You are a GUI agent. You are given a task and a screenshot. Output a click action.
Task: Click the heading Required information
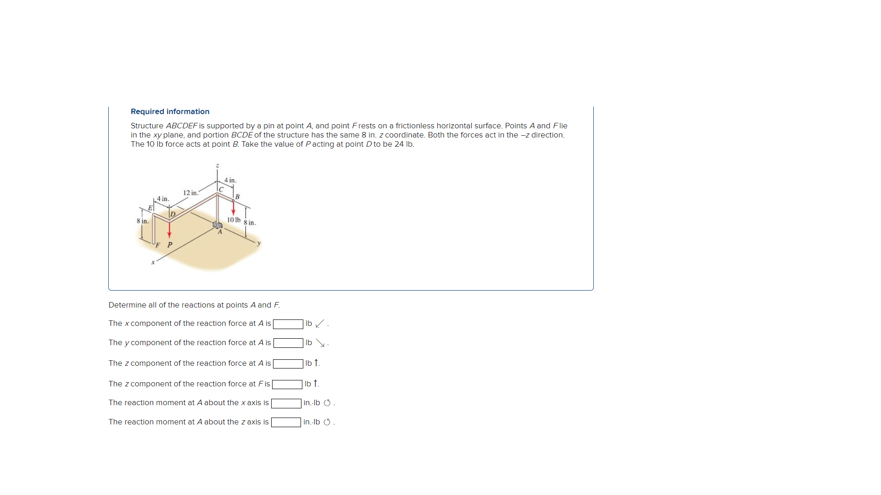pos(170,111)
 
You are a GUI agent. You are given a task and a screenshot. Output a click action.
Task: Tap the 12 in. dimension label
pos(190,192)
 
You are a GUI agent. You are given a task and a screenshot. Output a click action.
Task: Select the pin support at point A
pos(217,225)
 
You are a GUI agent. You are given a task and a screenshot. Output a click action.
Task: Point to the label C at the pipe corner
pos(221,189)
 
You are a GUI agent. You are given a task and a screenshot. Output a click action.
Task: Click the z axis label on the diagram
pos(217,165)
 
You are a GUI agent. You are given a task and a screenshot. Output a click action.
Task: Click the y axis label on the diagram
pos(259,243)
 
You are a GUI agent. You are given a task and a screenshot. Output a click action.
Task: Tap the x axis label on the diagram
pos(153,263)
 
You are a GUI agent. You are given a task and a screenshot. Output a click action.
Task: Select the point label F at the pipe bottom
pos(158,245)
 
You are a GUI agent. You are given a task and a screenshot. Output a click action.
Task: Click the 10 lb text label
pos(234,220)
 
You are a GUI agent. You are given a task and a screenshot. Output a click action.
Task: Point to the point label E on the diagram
pos(150,208)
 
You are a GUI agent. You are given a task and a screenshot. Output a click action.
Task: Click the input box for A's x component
pos(288,324)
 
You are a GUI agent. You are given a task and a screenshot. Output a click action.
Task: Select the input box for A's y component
pos(288,343)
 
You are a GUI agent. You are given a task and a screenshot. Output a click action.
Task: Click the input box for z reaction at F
pos(287,384)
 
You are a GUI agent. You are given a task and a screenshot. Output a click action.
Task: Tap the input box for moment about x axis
pos(286,403)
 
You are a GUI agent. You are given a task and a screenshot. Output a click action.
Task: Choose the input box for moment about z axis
pos(286,422)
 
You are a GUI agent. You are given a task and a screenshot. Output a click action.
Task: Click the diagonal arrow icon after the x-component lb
pos(320,324)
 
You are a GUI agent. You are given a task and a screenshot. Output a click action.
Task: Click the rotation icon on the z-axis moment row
pos(327,422)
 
